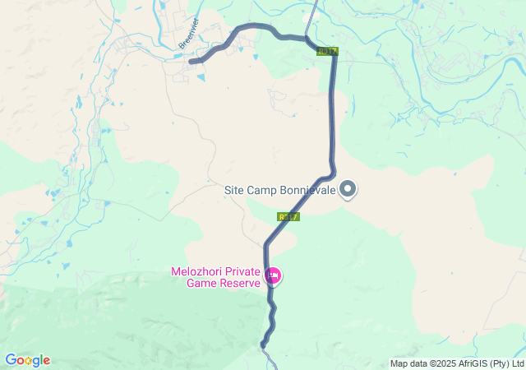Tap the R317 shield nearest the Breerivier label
328,52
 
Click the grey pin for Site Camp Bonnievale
348,189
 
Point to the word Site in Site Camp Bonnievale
235,189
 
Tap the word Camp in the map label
264,189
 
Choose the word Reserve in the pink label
241,284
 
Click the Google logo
27,360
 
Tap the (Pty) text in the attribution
501,363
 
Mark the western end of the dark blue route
191,61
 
